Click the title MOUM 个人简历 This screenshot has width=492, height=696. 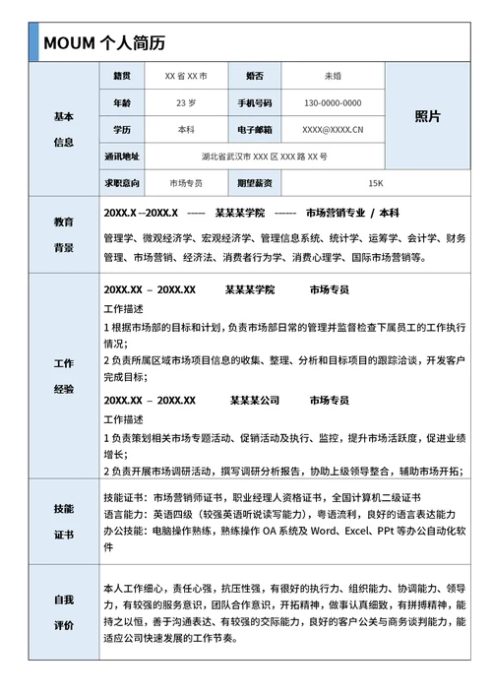coord(103,43)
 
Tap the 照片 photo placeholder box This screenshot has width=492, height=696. coord(427,116)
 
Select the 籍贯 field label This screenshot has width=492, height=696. coord(122,76)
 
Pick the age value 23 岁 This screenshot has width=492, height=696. coord(186,102)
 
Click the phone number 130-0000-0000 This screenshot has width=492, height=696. coord(333,102)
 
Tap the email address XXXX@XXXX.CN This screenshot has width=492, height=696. coord(333,129)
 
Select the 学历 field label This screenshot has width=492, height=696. coord(122,129)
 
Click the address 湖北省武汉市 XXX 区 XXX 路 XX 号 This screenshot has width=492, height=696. coord(264,157)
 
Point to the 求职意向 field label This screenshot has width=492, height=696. coord(122,183)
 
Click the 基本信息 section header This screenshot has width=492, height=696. coord(64,129)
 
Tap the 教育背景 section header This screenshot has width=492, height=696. coord(64,235)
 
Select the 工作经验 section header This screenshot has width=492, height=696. coord(64,376)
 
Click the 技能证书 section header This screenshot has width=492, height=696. coord(64,522)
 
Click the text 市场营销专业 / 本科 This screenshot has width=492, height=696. coord(352,213)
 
